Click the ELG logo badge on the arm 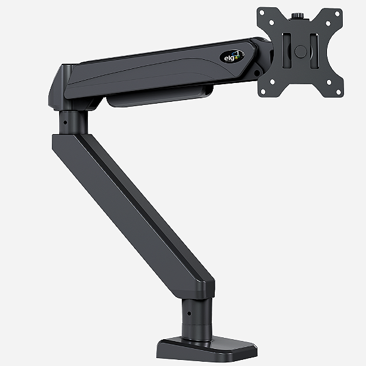(x=232, y=56)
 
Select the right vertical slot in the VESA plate (x=314, y=50)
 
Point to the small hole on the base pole (x=188, y=313)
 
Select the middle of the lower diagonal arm (x=134, y=201)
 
